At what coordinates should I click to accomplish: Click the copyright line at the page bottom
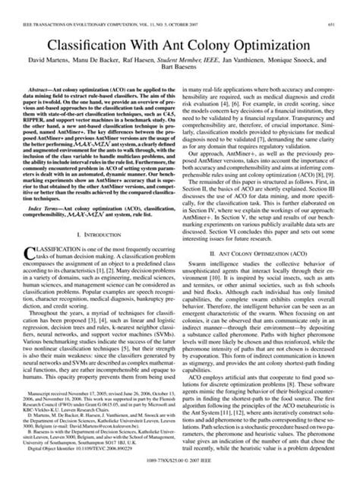[x=180, y=472]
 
